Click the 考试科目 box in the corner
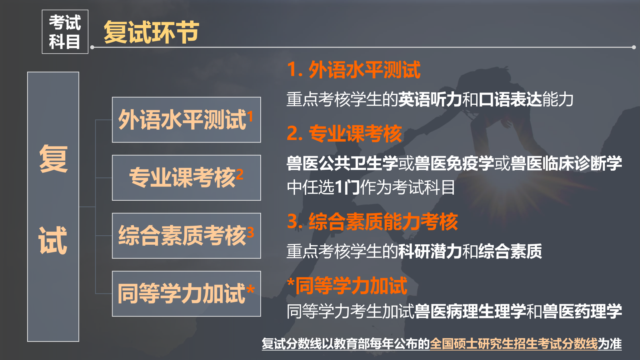click(x=65, y=32)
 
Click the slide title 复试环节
click(x=151, y=32)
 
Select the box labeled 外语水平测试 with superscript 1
click(x=186, y=120)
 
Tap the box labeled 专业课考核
click(x=186, y=177)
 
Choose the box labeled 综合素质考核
click(x=186, y=236)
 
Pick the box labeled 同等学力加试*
click(x=186, y=294)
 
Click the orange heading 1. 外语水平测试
click(x=354, y=69)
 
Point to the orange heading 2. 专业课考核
click(x=344, y=133)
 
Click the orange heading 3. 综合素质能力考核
click(x=372, y=222)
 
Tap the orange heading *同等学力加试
click(x=347, y=286)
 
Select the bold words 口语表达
click(x=510, y=99)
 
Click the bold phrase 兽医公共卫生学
click(x=342, y=163)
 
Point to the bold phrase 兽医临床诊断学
click(x=566, y=163)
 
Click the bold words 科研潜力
click(x=430, y=251)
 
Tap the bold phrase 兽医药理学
click(x=582, y=311)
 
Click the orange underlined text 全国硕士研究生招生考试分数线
click(x=514, y=343)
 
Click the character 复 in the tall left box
click(x=53, y=159)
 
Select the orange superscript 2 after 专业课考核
click(x=240, y=174)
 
